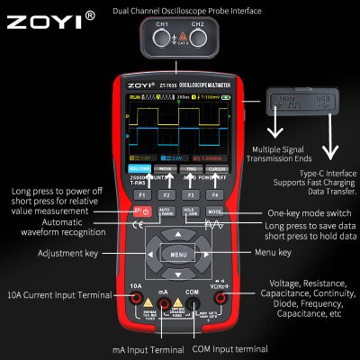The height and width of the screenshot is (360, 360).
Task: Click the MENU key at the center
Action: pyautogui.click(x=178, y=255)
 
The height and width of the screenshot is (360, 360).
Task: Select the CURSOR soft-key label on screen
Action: pyautogui.click(x=216, y=167)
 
